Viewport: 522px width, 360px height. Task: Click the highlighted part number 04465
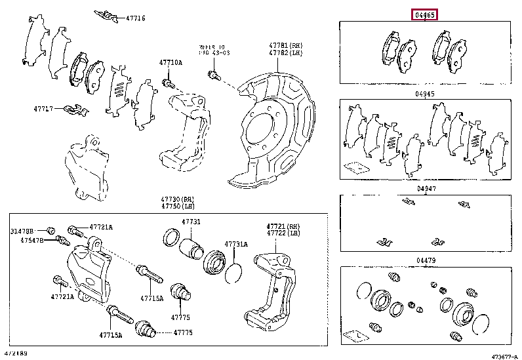(x=424, y=14)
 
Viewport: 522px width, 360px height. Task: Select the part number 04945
(x=424, y=94)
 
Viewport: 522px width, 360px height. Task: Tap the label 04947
(x=426, y=189)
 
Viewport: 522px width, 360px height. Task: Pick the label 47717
(x=45, y=108)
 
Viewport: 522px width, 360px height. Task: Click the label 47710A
(x=170, y=63)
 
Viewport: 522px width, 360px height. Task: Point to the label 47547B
(x=31, y=241)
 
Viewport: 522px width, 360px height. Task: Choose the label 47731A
(x=236, y=244)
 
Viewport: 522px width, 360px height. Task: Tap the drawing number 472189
(x=18, y=354)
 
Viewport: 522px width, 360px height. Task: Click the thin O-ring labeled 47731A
(x=234, y=273)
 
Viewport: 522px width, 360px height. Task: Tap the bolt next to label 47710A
(x=167, y=83)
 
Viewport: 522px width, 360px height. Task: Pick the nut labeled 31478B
(x=50, y=230)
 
